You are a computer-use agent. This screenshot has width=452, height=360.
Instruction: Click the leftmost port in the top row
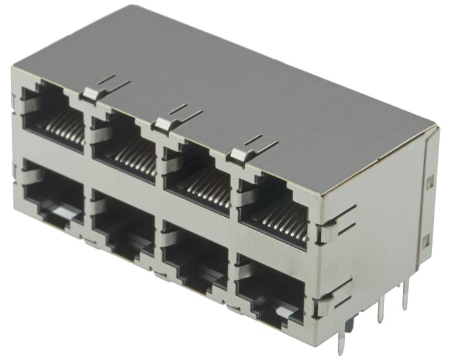[x=53, y=115]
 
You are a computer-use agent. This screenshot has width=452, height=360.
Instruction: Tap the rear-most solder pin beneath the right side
[x=406, y=297]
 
